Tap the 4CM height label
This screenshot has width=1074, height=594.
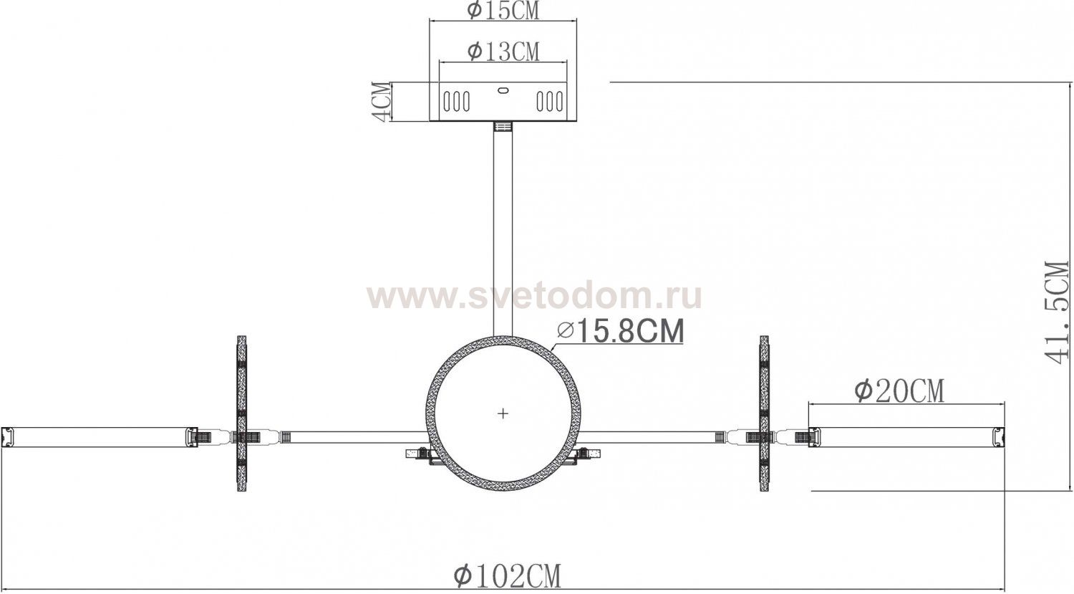tap(383, 102)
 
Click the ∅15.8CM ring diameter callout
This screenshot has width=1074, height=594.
tap(620, 331)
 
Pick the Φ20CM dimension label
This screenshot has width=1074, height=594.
tap(899, 391)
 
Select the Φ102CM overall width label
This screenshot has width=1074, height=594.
tap(507, 575)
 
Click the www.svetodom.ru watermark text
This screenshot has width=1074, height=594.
tap(534, 296)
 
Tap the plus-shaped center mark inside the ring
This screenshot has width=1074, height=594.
tap(503, 413)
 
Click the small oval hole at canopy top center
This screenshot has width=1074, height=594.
tap(502, 91)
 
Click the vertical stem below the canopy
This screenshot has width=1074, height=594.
tap(503, 229)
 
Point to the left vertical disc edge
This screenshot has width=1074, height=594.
tap(241, 413)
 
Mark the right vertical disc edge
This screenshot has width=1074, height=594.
tap(764, 413)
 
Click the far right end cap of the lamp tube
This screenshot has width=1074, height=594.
tap(999, 437)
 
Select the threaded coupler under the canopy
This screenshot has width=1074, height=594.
tap(503, 128)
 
